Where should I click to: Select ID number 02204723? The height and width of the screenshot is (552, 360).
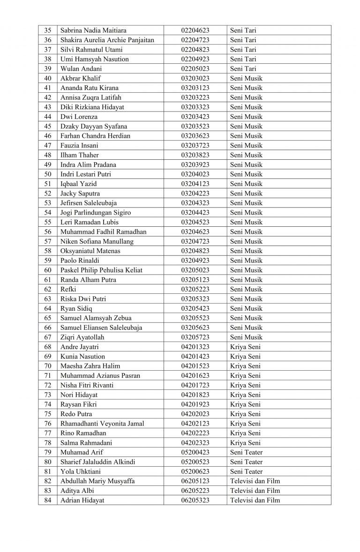(195, 40)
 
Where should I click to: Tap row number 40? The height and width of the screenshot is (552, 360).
(47, 78)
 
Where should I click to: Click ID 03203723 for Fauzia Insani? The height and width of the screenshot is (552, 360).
(195, 145)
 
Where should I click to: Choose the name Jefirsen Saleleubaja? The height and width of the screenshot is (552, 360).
(90, 203)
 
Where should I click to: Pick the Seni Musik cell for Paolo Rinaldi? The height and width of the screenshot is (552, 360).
(246, 261)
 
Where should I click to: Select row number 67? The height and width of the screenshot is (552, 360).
(47, 337)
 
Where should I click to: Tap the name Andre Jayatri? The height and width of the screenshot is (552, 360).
(80, 347)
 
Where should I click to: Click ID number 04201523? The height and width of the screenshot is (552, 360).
(195, 366)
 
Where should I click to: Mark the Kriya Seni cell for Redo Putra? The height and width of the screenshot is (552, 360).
(245, 414)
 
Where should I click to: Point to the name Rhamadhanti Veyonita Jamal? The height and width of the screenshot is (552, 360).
(102, 424)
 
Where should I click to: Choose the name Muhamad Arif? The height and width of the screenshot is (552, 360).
(82, 452)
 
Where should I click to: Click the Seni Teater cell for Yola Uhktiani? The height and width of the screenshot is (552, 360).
(246, 471)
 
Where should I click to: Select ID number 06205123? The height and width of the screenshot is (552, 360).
(195, 481)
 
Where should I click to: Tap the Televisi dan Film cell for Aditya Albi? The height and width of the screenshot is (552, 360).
(255, 491)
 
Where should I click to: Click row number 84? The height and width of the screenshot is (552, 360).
(47, 500)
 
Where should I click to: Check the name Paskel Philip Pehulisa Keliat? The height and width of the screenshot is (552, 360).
(101, 270)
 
